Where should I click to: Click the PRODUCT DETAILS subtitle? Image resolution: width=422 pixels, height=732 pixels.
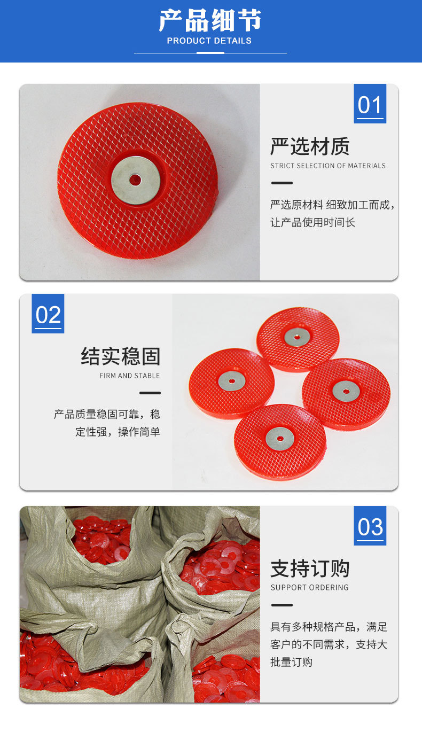tap(209, 41)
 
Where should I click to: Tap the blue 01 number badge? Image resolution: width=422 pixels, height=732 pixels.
tap(370, 104)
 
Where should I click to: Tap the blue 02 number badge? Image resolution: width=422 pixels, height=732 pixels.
tap(48, 314)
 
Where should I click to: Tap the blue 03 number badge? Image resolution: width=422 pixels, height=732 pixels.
tap(370, 526)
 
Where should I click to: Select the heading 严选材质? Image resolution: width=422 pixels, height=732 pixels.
tap(310, 146)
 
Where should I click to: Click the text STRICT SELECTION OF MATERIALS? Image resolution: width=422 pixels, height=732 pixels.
tap(327, 166)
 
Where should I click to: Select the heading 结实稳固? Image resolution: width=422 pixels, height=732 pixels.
tap(121, 356)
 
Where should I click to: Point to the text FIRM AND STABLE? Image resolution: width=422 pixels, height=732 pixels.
tap(130, 376)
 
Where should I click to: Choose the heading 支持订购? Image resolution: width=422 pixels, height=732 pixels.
tap(310, 568)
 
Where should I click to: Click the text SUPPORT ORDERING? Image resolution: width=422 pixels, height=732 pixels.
tap(309, 588)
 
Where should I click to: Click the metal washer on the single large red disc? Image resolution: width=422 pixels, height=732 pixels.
tap(136, 180)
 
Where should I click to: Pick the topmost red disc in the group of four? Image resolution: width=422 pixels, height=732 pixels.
tap(298, 338)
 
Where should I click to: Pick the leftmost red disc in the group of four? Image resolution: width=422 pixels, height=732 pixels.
tap(231, 382)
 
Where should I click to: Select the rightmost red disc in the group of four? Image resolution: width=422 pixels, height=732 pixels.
tap(346, 393)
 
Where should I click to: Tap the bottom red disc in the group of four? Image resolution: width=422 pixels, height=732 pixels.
tap(280, 440)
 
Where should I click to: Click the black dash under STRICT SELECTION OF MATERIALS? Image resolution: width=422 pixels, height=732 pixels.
tap(282, 183)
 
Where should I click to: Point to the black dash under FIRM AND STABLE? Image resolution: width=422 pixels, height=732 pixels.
tap(150, 393)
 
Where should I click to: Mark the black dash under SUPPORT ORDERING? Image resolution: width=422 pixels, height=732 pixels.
tap(282, 605)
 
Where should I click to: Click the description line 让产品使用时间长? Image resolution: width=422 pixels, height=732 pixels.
tap(312, 222)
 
